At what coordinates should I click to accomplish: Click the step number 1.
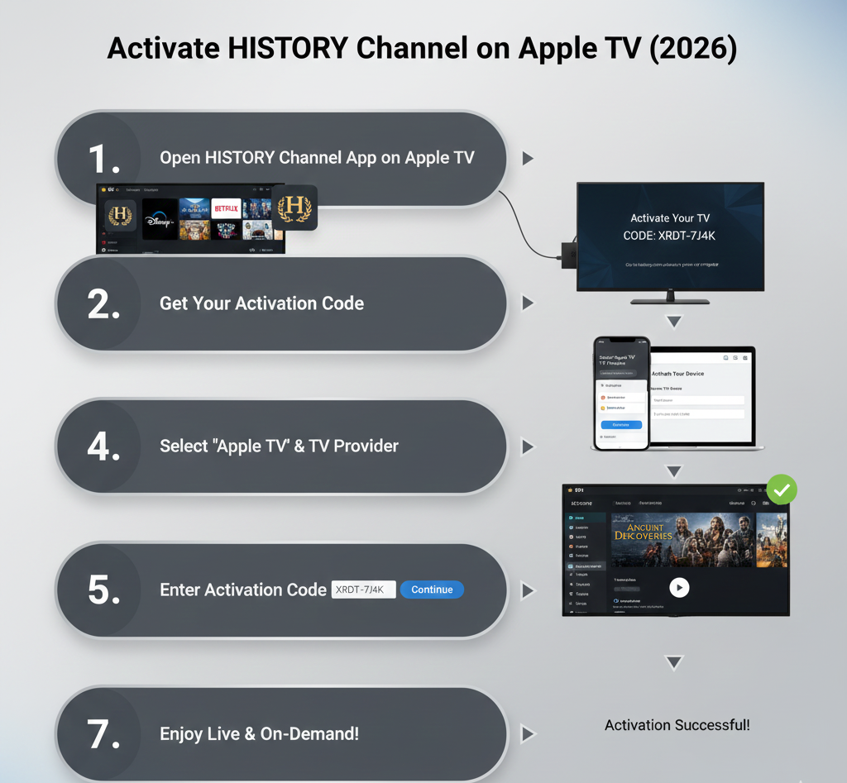(103, 159)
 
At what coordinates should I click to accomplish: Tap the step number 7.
(103, 734)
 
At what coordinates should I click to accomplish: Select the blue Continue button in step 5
(432, 590)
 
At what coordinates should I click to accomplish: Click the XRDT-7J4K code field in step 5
(363, 590)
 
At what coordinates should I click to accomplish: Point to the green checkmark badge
(782, 489)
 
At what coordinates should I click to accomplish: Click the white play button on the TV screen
(679, 587)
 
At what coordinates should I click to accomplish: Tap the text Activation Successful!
(677, 725)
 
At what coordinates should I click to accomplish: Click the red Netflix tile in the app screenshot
(226, 208)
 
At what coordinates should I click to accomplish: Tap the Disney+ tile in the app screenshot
(160, 219)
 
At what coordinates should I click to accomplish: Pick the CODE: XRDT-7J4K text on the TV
(670, 236)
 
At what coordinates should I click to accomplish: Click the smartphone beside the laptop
(621, 393)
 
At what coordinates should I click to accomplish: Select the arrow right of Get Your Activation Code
(527, 303)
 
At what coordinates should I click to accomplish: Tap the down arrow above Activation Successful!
(673, 662)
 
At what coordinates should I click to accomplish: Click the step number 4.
(103, 446)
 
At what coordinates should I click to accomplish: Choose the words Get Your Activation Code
(261, 303)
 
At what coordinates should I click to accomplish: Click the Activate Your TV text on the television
(670, 218)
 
